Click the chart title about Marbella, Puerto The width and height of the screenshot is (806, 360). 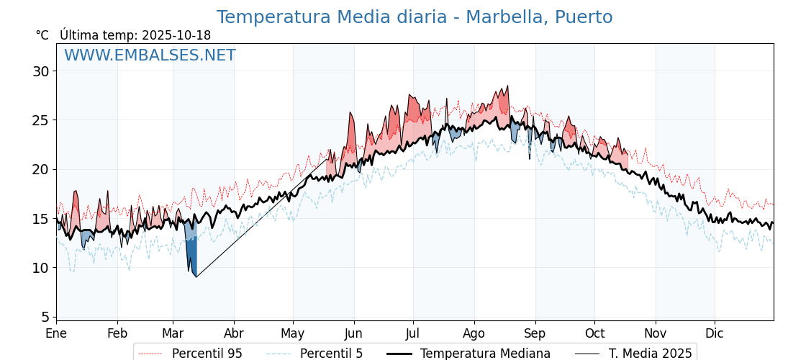coord(415,17)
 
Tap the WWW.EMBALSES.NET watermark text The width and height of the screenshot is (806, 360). coord(150,55)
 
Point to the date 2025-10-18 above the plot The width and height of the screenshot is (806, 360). coord(176,35)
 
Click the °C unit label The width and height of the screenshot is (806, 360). coord(42,35)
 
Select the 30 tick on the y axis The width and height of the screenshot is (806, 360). coord(41,71)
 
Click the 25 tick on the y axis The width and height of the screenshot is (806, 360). coord(41,120)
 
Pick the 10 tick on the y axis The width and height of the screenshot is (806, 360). coord(41,268)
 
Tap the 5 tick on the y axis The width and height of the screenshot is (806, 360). coord(45,317)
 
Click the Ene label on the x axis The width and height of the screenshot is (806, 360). coord(56,334)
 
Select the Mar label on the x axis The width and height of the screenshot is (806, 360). coord(173,334)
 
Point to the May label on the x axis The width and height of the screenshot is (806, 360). coord(293,334)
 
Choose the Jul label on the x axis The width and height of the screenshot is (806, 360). coord(413,334)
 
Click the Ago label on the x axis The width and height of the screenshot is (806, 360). coord(474,334)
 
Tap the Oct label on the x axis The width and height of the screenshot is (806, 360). coord(594,334)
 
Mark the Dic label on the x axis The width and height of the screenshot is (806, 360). coord(715,334)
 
